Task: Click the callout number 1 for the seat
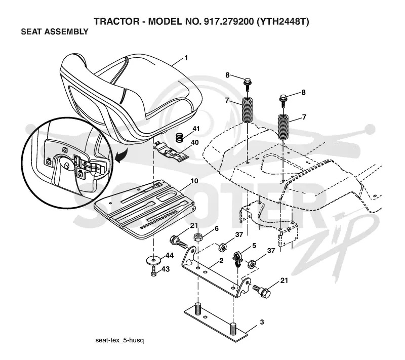pyautogui.click(x=186, y=58)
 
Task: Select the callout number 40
pyautogui.click(x=194, y=142)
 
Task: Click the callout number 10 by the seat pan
pyautogui.click(x=194, y=181)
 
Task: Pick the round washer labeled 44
pyautogui.click(x=154, y=260)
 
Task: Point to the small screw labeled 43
pyautogui.click(x=154, y=272)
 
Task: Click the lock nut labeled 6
pyautogui.click(x=198, y=237)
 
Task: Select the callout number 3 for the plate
pyautogui.click(x=262, y=322)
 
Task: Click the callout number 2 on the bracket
pyautogui.click(x=221, y=261)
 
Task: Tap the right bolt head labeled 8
pyautogui.click(x=283, y=99)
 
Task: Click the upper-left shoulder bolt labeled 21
pyautogui.click(x=179, y=242)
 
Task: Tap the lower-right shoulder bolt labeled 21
pyautogui.click(x=262, y=291)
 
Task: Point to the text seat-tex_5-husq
pyautogui.click(x=119, y=340)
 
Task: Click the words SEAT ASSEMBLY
pyautogui.click(x=55, y=32)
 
